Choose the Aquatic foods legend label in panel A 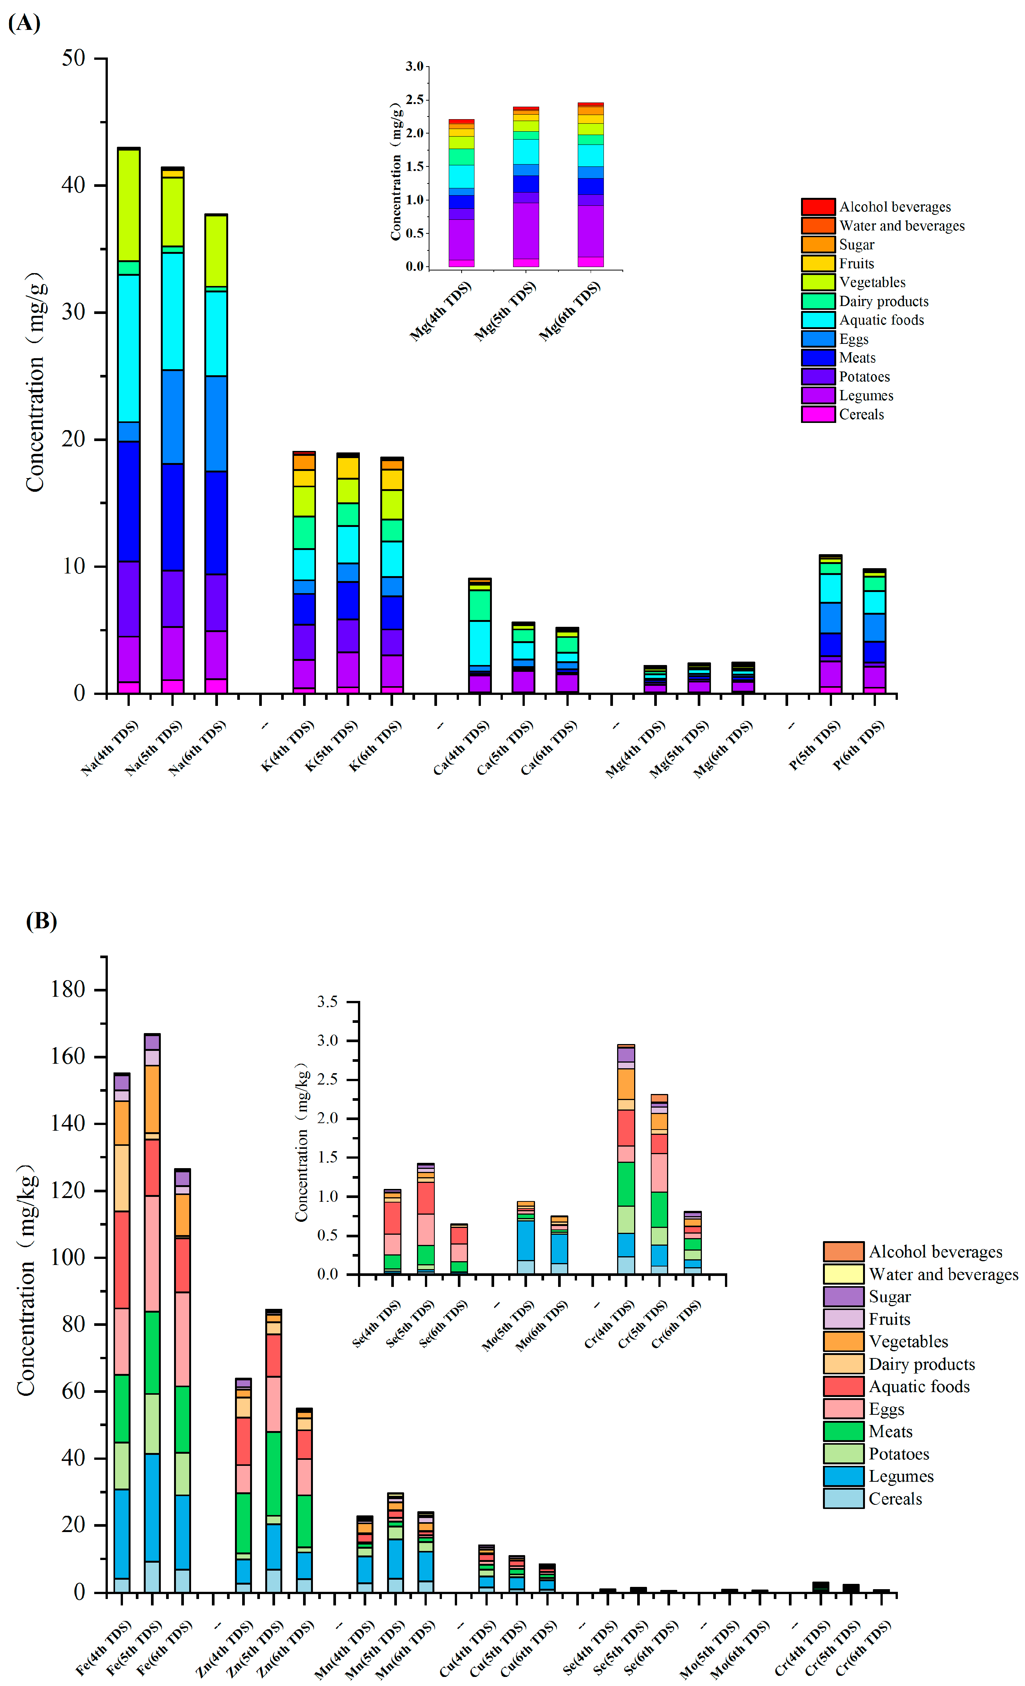click(x=881, y=320)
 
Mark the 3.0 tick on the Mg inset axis click(x=414, y=66)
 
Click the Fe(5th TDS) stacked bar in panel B click(x=152, y=1314)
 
